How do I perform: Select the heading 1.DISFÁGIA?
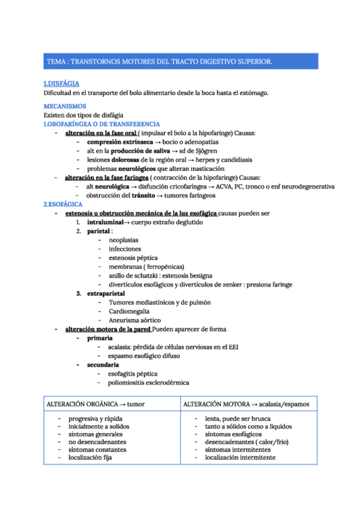tap(61, 84)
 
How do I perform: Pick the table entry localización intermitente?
tap(240, 457)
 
